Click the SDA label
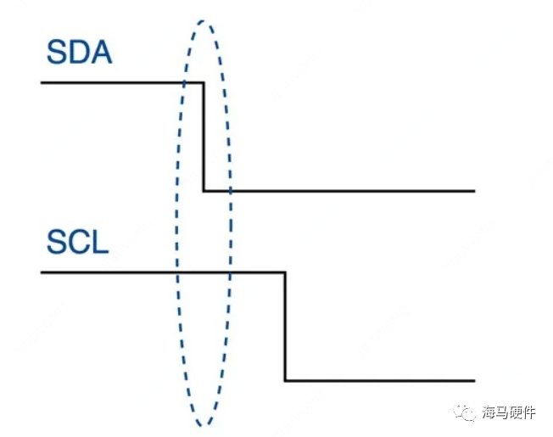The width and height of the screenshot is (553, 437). [80, 53]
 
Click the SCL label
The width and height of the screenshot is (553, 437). [77, 244]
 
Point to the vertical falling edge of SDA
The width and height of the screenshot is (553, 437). [204, 137]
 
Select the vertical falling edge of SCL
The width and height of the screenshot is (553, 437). [284, 327]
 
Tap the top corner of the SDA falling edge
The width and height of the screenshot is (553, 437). [204, 82]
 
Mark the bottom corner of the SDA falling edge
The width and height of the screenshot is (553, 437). [204, 191]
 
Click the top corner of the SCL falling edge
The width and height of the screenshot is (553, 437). [284, 272]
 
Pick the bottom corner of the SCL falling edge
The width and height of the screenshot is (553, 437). [284, 381]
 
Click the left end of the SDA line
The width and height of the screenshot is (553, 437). [42, 82]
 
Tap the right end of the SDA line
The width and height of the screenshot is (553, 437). [474, 191]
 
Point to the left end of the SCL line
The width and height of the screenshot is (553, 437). [42, 272]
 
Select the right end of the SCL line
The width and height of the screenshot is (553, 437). [474, 381]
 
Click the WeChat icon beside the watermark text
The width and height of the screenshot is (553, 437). [464, 412]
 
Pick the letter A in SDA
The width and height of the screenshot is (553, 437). [102, 53]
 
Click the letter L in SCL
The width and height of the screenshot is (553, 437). [101, 244]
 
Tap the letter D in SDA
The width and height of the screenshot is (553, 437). [80, 53]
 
